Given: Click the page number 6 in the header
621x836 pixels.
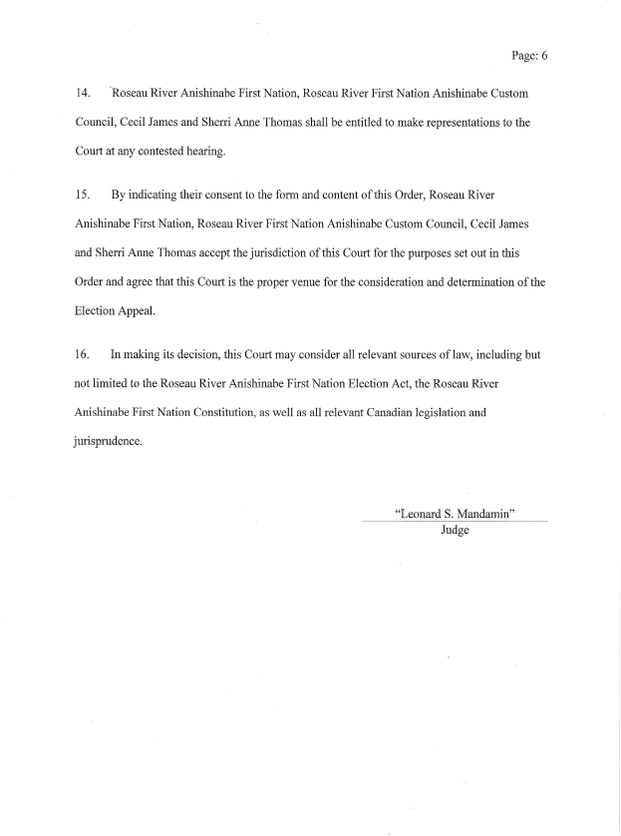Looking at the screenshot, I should tap(543, 56).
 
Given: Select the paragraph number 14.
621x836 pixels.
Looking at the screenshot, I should tap(83, 93).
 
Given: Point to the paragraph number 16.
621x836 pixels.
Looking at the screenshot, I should tap(83, 353).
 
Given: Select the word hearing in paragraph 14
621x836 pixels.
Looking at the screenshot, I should tap(212, 152).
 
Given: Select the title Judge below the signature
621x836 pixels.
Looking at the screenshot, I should tap(455, 531).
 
